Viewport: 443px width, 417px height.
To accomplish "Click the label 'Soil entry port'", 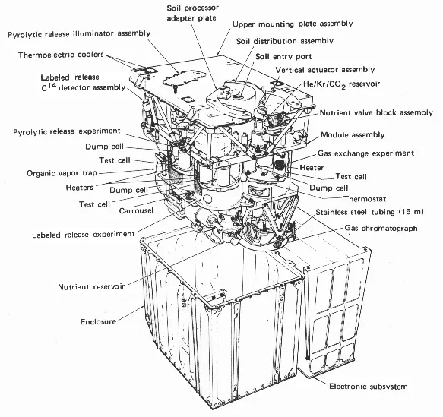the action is pyautogui.click(x=283, y=57).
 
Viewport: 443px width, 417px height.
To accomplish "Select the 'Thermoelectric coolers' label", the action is pyautogui.click(x=61, y=55).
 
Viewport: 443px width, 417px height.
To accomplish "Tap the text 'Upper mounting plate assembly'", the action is pyautogui.click(x=293, y=24).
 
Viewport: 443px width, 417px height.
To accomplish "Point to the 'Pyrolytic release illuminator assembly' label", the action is pyautogui.click(x=79, y=34).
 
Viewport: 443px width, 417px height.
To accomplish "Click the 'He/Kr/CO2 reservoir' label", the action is pyautogui.click(x=342, y=84).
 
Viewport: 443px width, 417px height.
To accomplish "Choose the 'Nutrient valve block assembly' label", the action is pyautogui.click(x=376, y=113).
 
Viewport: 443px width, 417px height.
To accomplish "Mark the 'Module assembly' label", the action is pyautogui.click(x=353, y=135).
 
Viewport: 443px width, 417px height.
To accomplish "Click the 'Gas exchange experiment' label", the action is pyautogui.click(x=366, y=153).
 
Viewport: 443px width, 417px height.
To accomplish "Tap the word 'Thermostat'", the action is pyautogui.click(x=365, y=199).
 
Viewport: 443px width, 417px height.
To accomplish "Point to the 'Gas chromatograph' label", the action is pyautogui.click(x=381, y=228).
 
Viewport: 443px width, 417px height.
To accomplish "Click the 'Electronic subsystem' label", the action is pyautogui.click(x=369, y=386).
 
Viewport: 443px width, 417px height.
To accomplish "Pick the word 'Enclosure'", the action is pyautogui.click(x=98, y=321).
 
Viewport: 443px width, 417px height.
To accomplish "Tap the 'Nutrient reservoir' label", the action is pyautogui.click(x=91, y=287).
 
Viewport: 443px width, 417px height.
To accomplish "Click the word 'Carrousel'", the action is pyautogui.click(x=136, y=210).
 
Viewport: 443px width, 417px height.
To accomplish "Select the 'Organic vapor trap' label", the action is pyautogui.click(x=62, y=173).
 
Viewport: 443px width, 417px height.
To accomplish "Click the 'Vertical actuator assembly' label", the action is pyautogui.click(x=325, y=70).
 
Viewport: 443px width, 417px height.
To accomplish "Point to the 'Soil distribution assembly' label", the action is pyautogui.click(x=285, y=41).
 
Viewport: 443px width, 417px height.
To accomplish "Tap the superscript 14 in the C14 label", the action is pyautogui.click(x=52, y=84).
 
